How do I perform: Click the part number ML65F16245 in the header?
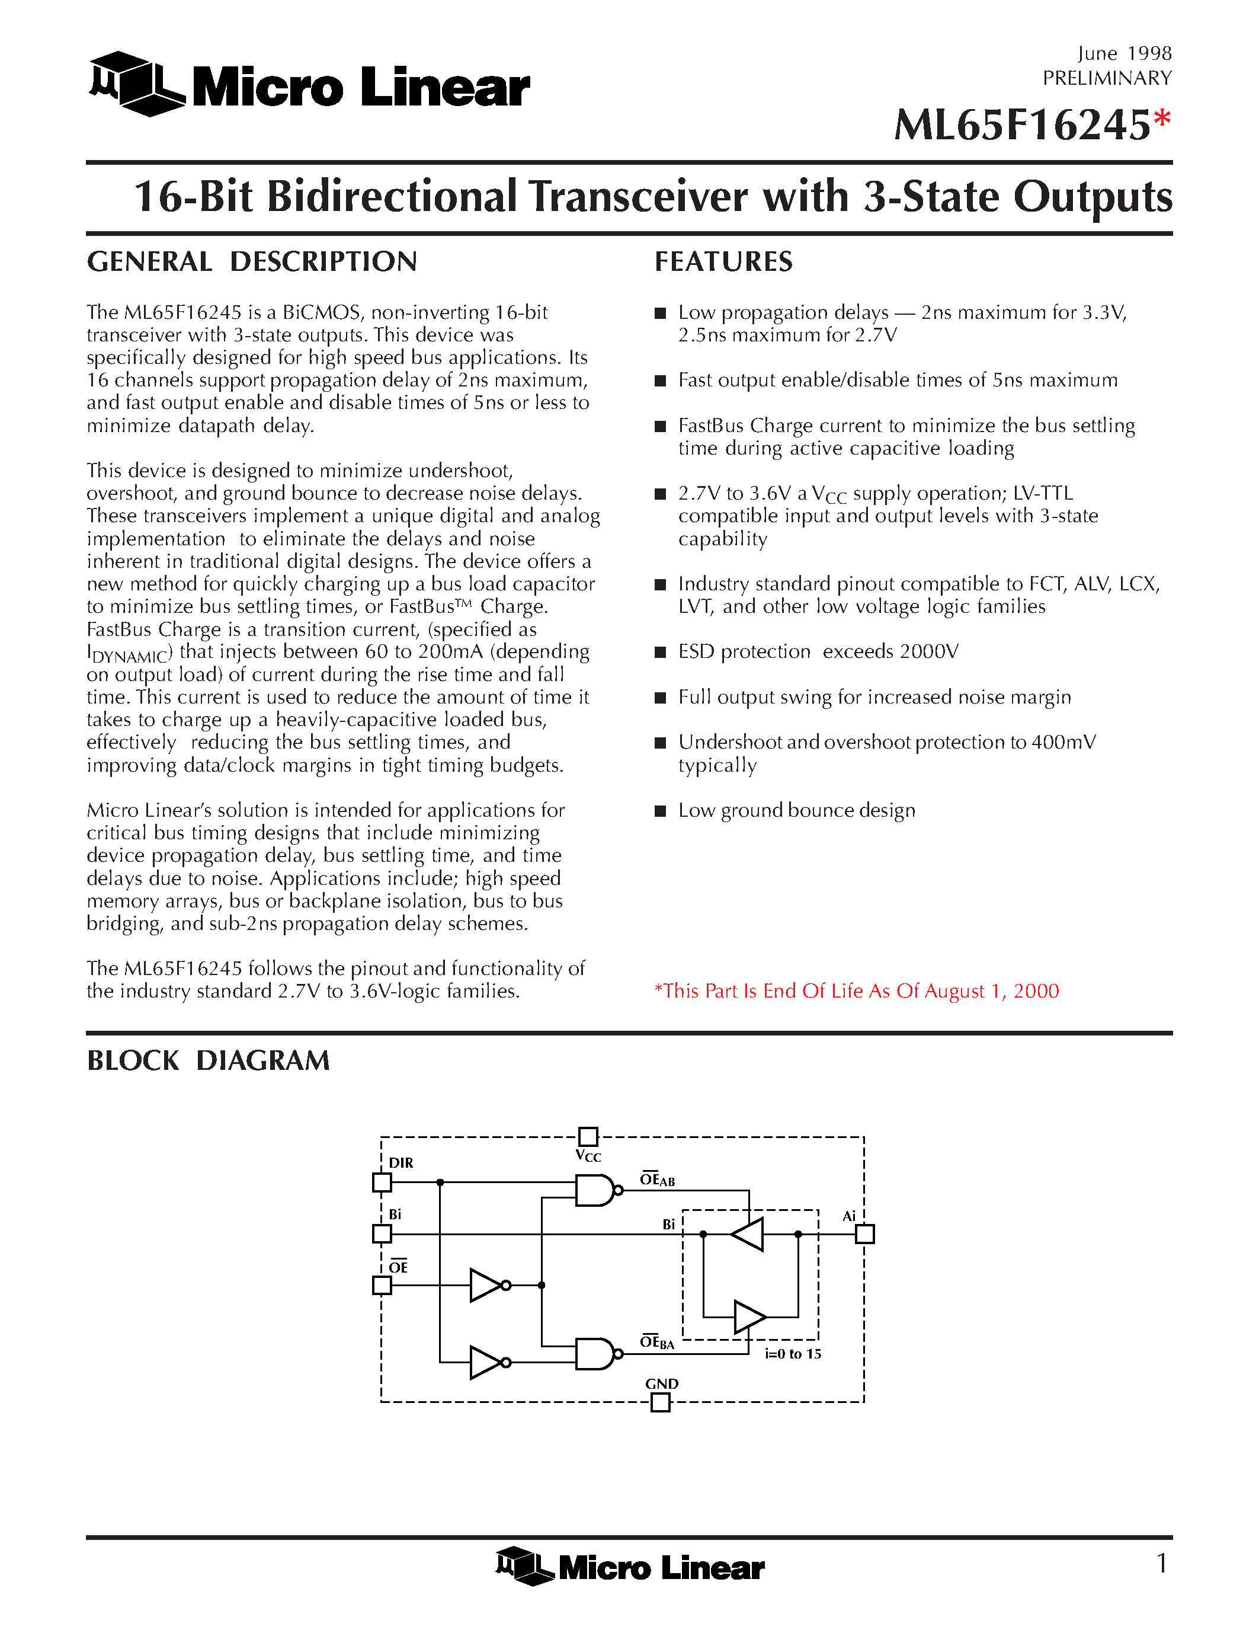pos(1022,126)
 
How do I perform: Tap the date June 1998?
pos(1124,54)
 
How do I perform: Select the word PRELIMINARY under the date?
pos(1107,78)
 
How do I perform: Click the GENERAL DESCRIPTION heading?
pos(252,262)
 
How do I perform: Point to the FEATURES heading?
pos(723,262)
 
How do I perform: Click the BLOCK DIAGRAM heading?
pos(208,1060)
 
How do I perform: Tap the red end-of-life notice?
pos(856,991)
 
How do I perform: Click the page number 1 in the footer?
pos(1161,1563)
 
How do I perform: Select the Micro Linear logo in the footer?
pos(630,1566)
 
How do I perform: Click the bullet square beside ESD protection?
pos(660,653)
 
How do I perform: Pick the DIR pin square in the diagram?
pos(382,1182)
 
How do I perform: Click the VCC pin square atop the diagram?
pos(588,1137)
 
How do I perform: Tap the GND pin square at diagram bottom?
pos(660,1403)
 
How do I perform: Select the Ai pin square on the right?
pos(864,1235)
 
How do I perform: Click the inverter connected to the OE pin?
pos(487,1285)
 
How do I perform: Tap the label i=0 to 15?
pos(793,1354)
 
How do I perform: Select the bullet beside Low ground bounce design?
pos(660,811)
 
